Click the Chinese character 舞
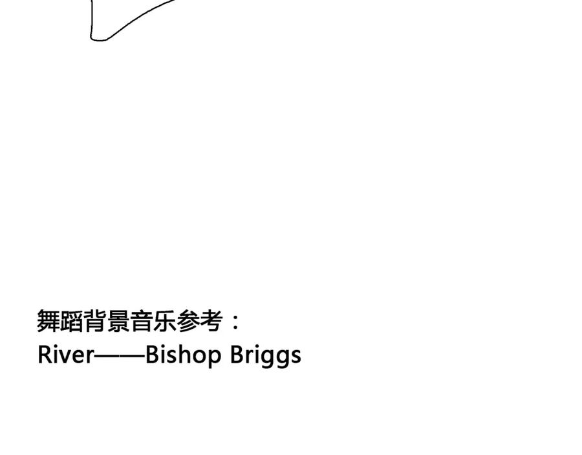48,321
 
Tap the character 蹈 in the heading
72,321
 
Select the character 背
95,321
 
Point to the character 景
118,321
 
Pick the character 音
142,321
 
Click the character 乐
165,321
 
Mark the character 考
211,321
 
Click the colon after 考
235,322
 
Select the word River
66,354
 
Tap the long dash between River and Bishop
120,355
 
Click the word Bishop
182,355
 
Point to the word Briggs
266,355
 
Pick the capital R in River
45,354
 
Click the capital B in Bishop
152,354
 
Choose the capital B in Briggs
237,354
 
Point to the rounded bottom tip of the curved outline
97,39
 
